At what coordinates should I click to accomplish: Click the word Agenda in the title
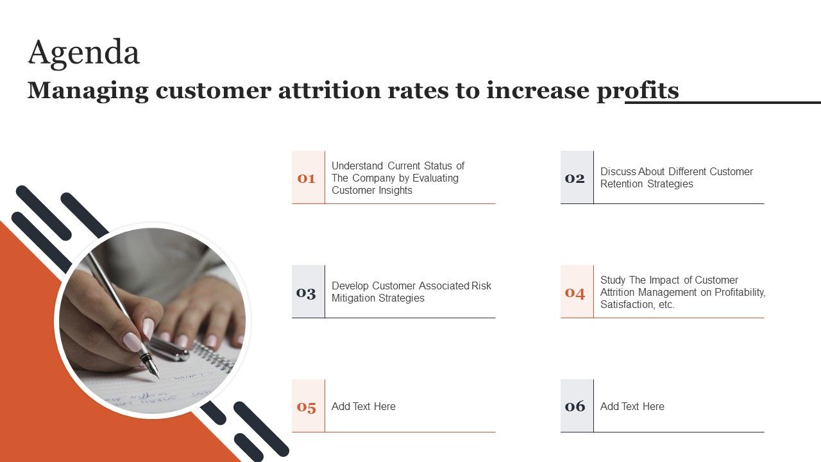[x=83, y=53]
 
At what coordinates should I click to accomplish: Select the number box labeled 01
[x=308, y=178]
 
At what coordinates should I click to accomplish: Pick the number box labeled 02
[x=577, y=178]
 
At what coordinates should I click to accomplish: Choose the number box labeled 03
[x=308, y=292]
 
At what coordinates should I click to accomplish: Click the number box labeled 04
[x=577, y=292]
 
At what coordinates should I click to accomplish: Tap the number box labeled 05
[x=308, y=406]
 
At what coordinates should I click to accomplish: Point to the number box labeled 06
[x=577, y=406]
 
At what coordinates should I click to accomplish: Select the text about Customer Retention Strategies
[x=676, y=178]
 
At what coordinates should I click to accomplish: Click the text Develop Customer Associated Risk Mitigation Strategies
[x=410, y=292]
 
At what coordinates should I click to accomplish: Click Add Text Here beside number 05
[x=363, y=406]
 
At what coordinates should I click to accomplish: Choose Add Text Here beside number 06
[x=632, y=406]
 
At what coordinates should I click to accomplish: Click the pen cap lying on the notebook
[x=171, y=349]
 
